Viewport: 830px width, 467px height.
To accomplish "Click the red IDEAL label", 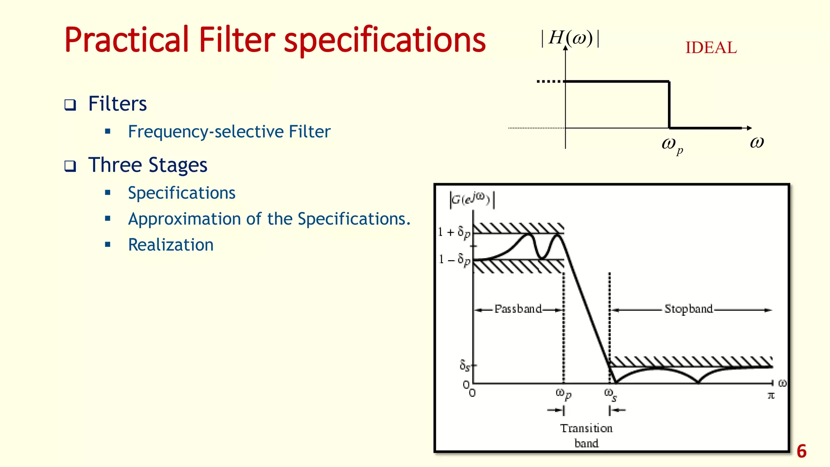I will [x=711, y=48].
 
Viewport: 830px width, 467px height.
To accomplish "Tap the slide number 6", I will [x=801, y=451].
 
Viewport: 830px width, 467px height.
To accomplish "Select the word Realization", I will [x=171, y=245].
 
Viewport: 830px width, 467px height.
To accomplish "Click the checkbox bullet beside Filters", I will [x=70, y=105].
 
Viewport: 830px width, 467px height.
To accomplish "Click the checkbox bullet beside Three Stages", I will [x=70, y=166].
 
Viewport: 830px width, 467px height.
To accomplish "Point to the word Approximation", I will [x=184, y=219].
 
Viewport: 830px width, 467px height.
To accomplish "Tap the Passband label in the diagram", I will [x=518, y=309].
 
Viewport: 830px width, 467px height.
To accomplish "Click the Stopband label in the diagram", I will [x=689, y=309].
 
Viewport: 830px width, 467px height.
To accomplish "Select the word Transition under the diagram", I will [x=586, y=428].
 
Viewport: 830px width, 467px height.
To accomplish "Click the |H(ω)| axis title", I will [x=570, y=39].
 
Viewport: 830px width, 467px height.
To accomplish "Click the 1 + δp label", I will [x=454, y=232].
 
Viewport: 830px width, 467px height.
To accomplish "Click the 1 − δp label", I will [x=454, y=259].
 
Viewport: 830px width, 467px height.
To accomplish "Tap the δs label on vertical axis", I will [x=465, y=365].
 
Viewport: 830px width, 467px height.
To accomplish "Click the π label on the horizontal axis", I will [x=771, y=395].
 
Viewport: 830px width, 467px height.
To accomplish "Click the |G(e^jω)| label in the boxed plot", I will [x=472, y=199].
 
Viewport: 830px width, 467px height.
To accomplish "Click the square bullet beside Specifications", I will [x=108, y=193].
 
